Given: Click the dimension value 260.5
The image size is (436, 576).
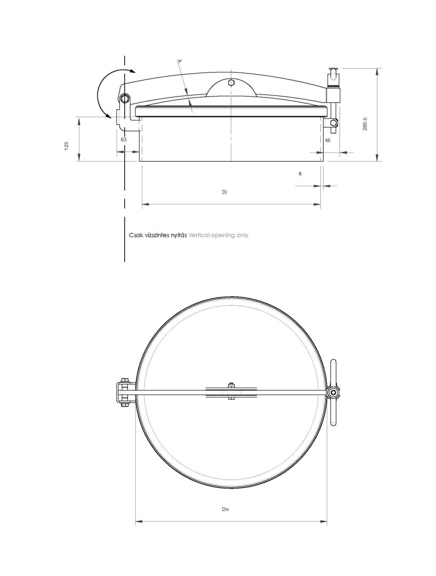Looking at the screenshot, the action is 365,124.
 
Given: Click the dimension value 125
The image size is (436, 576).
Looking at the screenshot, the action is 67,146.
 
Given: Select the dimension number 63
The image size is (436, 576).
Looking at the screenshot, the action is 124,140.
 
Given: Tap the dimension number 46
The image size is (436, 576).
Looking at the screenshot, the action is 328,140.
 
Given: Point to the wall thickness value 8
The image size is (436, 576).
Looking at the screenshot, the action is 300,174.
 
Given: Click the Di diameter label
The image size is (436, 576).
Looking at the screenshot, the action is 224,192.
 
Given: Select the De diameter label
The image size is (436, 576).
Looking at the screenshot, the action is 225,509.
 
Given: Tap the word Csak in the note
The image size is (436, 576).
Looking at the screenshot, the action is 135,235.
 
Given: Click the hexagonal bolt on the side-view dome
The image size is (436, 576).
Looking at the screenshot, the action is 231,83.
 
